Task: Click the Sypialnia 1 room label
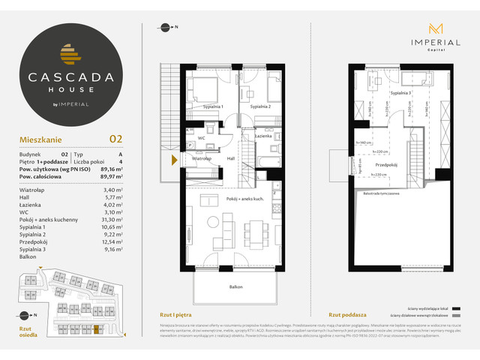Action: (x=211, y=107)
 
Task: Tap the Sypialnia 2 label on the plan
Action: (x=260, y=107)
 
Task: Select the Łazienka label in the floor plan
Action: (x=262, y=135)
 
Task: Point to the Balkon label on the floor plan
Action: (x=235, y=286)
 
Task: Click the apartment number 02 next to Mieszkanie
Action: (x=115, y=139)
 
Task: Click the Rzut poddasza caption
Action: (x=346, y=315)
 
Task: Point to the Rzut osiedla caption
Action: (x=28, y=331)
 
